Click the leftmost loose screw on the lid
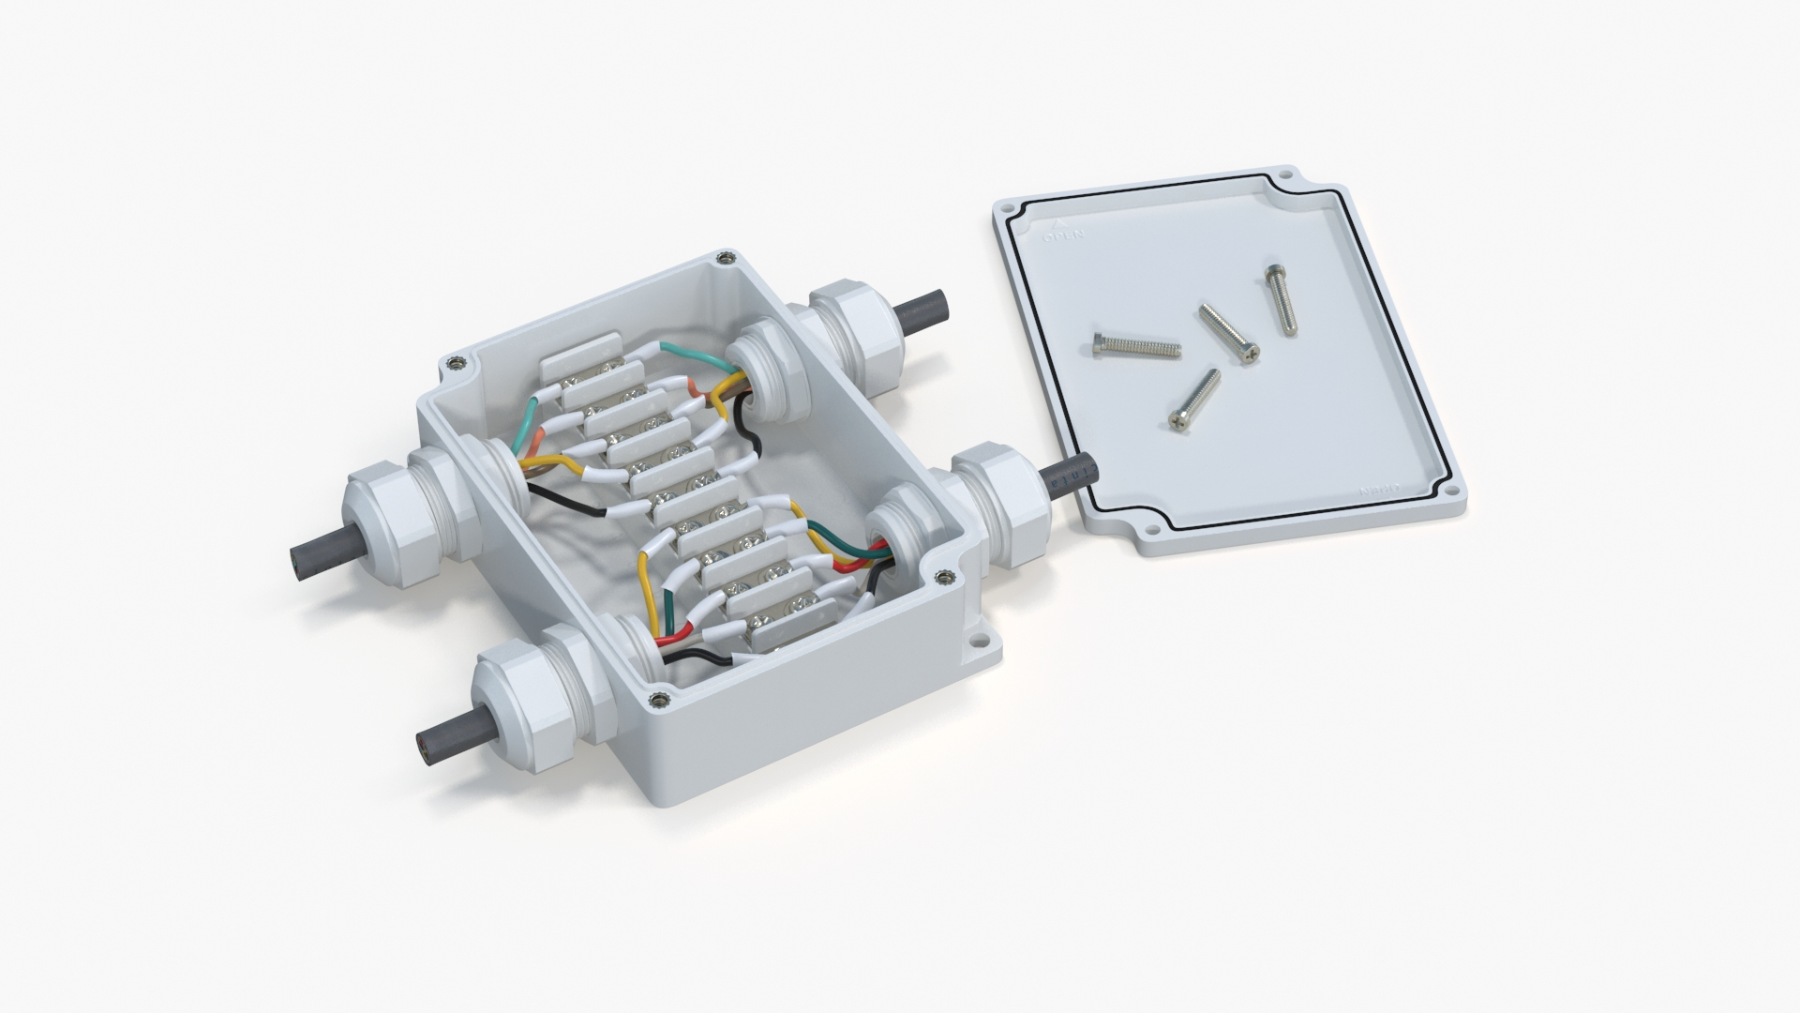coord(1134,348)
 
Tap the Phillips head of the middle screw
coord(1248,353)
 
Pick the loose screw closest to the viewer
coord(1193,401)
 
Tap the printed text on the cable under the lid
coord(1078,476)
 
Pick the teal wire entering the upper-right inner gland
coord(694,355)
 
